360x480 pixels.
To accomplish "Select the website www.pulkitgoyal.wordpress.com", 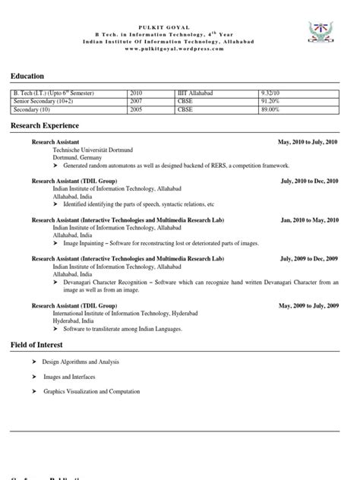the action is point(180,48).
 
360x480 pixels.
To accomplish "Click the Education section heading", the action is point(27,76).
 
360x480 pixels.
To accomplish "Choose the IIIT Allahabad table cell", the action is point(194,92).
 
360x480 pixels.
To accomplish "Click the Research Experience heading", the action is point(44,125).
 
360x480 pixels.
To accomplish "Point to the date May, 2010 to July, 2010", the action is point(308,142).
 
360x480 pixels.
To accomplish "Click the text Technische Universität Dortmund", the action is point(93,150).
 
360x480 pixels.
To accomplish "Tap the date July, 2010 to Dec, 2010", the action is point(309,182).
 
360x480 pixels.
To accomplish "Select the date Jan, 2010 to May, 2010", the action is point(309,220).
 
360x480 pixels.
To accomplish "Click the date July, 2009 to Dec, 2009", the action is point(309,259).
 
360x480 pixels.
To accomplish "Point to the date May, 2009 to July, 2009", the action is point(308,305).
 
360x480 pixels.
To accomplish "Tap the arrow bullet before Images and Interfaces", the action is point(33,377).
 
